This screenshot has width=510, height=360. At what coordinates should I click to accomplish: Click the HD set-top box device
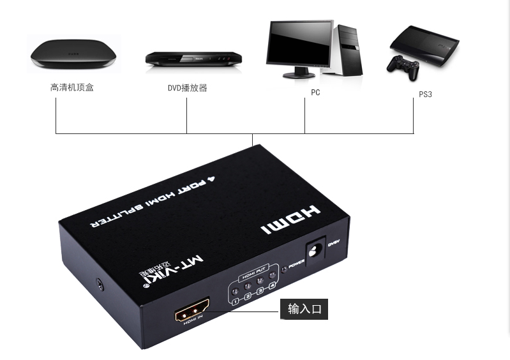pos(74,54)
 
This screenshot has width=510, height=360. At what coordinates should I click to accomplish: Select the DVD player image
pos(193,58)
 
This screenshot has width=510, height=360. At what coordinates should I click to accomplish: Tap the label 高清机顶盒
pos(71,87)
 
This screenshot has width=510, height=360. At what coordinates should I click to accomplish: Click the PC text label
pos(315,93)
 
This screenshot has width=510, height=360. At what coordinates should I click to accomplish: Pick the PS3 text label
pos(425,94)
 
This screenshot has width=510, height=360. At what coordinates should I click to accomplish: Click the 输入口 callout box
pos(304,310)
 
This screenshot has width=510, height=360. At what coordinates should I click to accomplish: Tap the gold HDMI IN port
pos(195,313)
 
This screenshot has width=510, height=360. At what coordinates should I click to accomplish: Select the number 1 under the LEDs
pos(236,301)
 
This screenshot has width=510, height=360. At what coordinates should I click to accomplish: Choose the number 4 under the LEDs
pos(273,285)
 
